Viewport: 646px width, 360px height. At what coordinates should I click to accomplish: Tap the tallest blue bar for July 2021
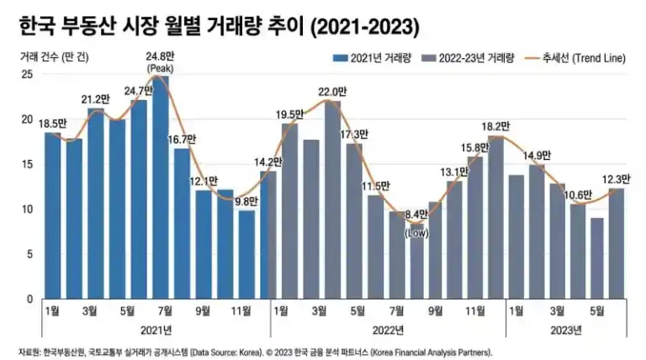[x=160, y=185]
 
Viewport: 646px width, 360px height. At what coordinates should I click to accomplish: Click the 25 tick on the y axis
[x=27, y=74]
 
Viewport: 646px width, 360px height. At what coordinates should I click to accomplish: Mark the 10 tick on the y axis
[x=27, y=209]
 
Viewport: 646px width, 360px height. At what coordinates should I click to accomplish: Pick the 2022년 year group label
[x=387, y=329]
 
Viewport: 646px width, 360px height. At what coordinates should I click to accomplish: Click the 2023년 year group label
[x=565, y=329]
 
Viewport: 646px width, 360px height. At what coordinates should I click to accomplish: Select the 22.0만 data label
[x=332, y=92]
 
